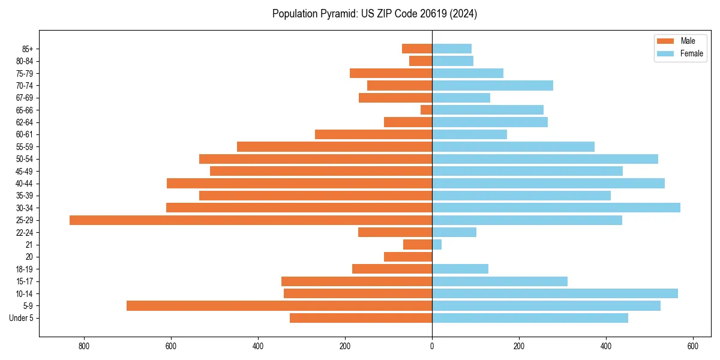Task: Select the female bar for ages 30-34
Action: [x=556, y=208]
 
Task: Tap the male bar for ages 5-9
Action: [x=279, y=305]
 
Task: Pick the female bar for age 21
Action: [x=437, y=244]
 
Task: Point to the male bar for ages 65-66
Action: [x=427, y=110]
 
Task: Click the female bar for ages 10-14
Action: [x=555, y=293]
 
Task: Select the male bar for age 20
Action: [x=408, y=257]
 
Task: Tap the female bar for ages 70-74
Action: [x=493, y=85]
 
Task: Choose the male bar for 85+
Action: [x=417, y=49]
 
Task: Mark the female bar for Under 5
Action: [x=530, y=318]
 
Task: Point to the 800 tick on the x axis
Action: [x=83, y=346]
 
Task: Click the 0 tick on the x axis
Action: [x=432, y=346]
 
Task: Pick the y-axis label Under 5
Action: [x=21, y=318]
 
